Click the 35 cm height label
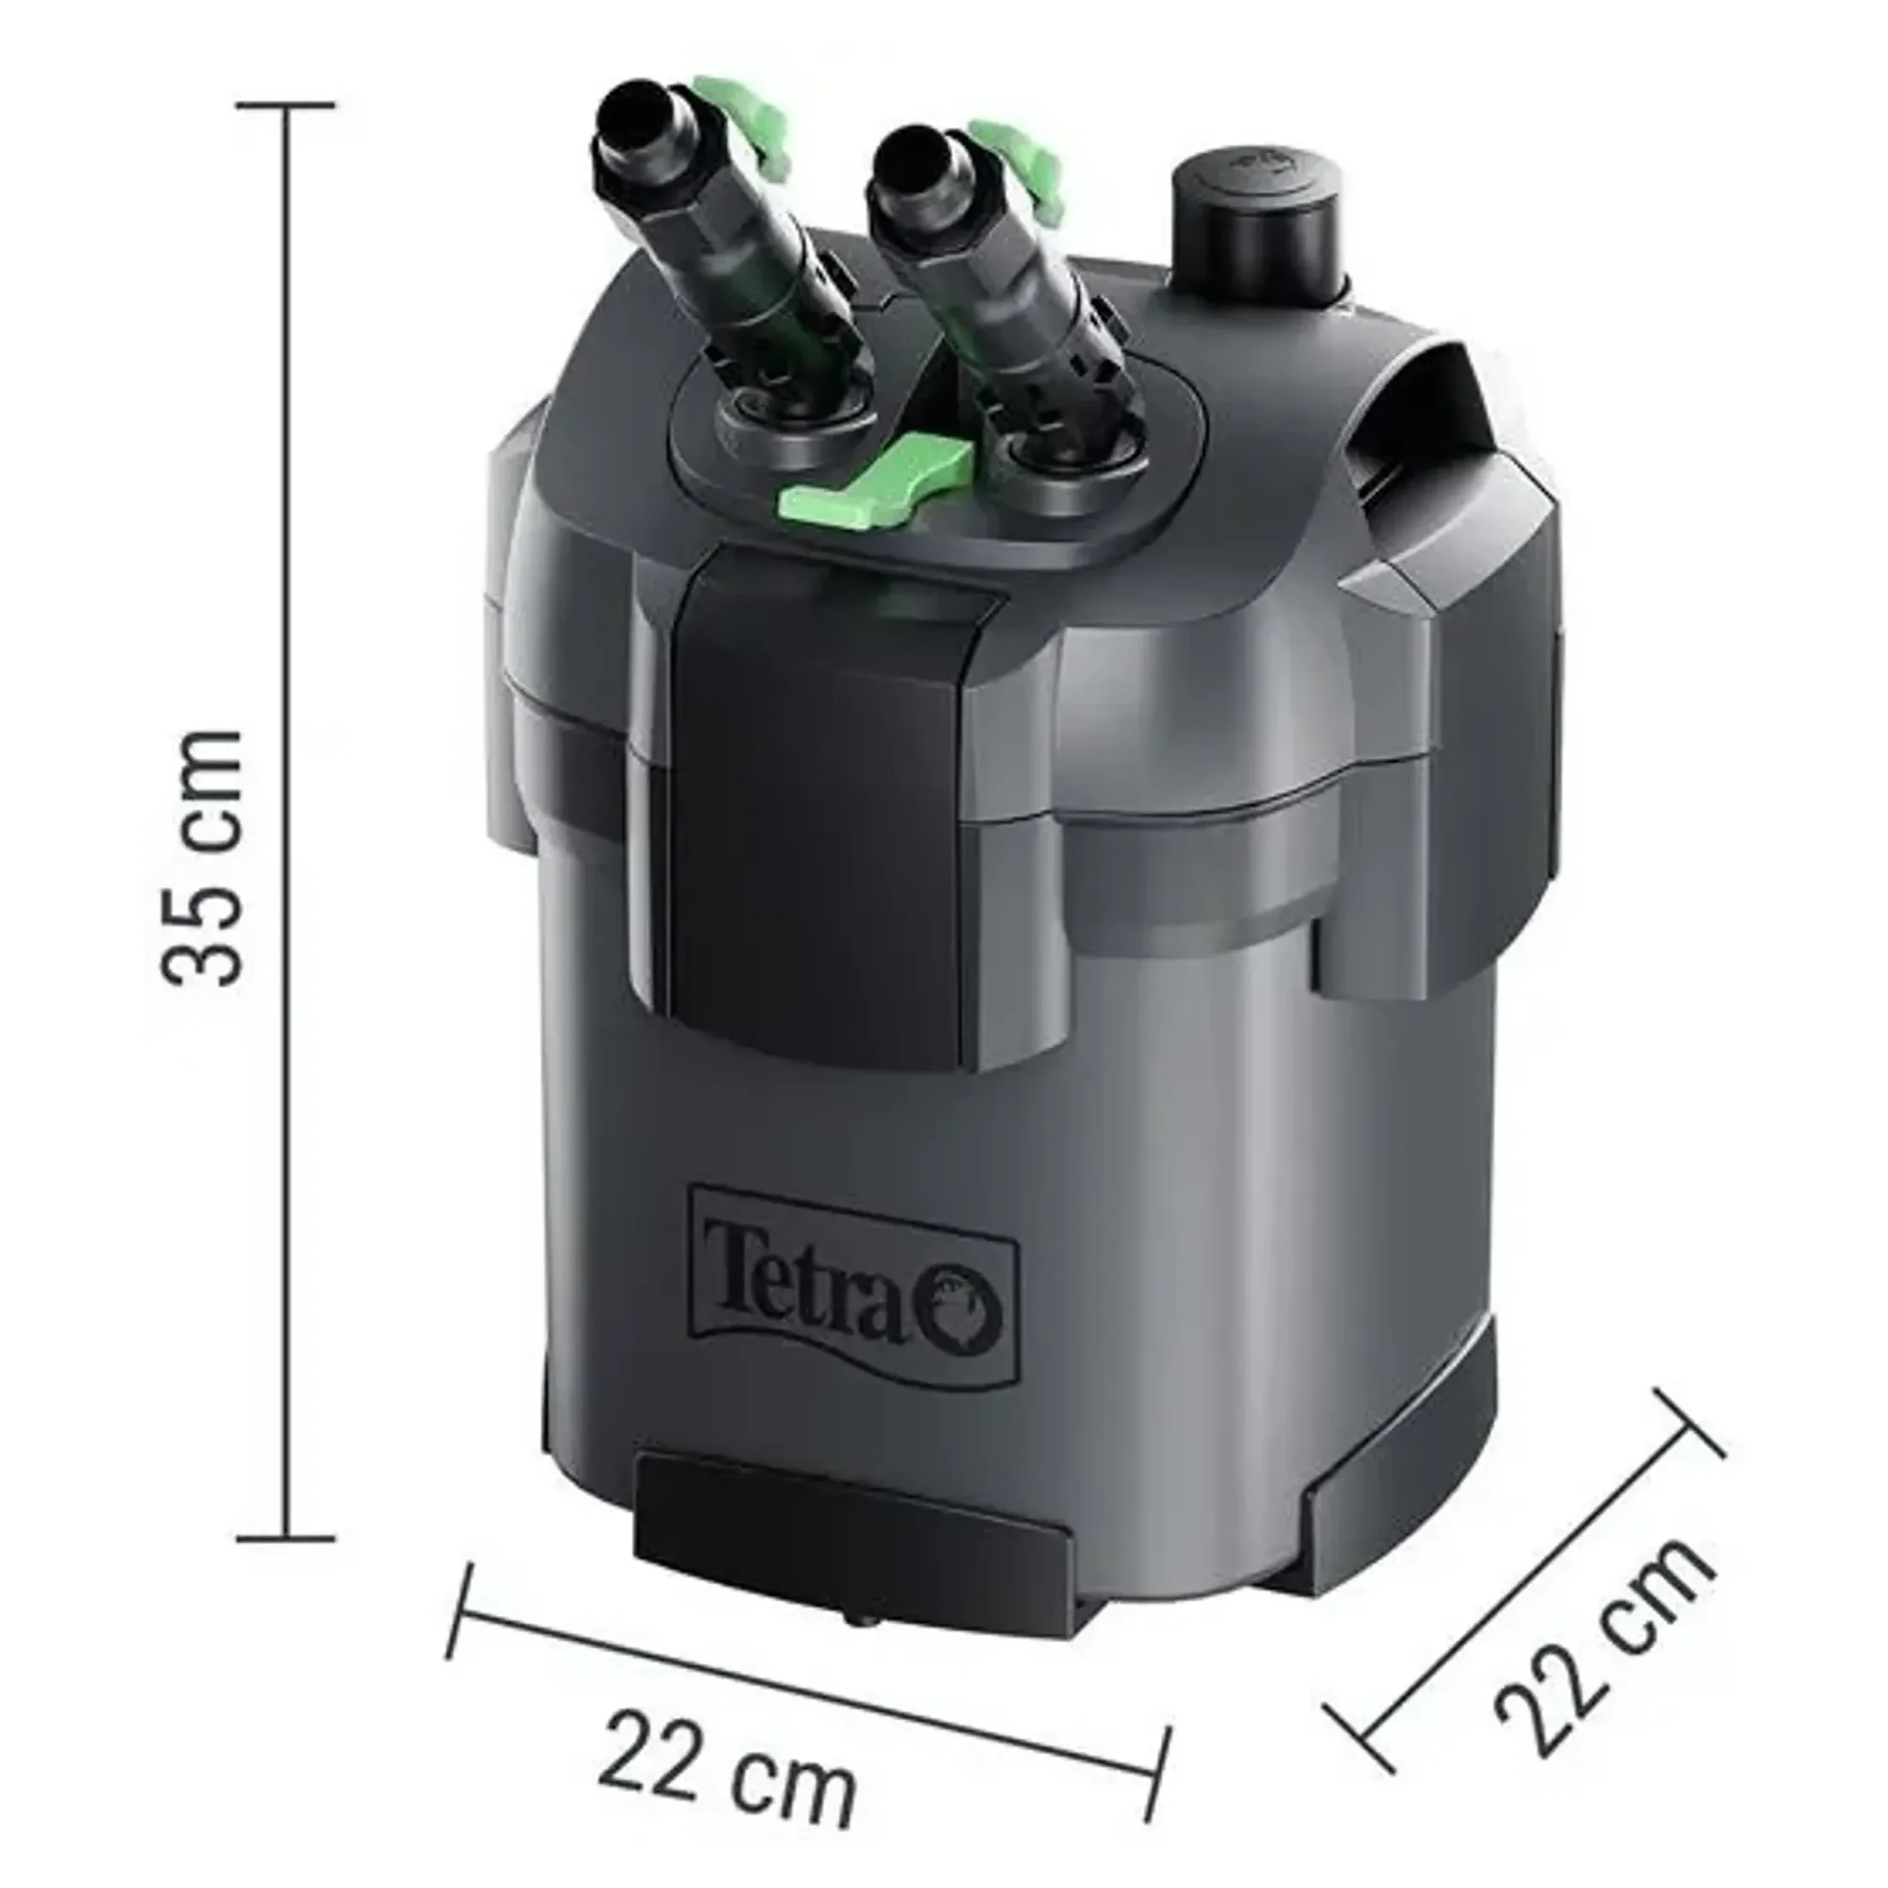click(x=201, y=856)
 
